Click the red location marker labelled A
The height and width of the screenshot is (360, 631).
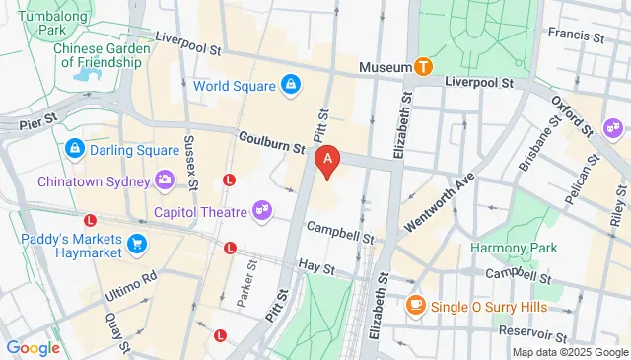click(x=326, y=160)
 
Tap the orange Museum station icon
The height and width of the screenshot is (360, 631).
click(x=423, y=66)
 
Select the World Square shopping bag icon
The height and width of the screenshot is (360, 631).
click(x=291, y=86)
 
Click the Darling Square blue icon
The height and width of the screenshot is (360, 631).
click(x=74, y=149)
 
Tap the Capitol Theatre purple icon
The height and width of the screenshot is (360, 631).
click(x=261, y=209)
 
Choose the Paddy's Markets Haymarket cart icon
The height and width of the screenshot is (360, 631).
click(x=137, y=244)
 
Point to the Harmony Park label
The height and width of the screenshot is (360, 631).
click(x=508, y=247)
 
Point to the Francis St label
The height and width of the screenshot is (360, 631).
click(x=575, y=36)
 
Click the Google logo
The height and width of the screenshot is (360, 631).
click(x=33, y=347)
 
